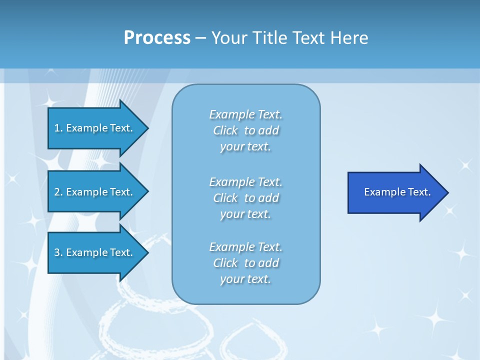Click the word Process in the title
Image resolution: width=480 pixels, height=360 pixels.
[x=157, y=38]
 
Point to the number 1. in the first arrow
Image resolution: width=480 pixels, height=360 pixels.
[x=58, y=128]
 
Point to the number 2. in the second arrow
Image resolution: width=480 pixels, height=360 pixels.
[x=58, y=192]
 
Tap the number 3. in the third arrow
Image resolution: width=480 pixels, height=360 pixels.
[x=58, y=252]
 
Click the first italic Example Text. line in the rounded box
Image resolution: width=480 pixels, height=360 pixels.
[x=245, y=114]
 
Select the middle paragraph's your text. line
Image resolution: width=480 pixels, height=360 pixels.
[x=245, y=214]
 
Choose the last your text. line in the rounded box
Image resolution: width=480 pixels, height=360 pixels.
[x=245, y=279]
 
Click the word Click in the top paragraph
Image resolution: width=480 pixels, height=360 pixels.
[x=225, y=130]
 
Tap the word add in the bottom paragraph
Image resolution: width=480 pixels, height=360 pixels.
[x=268, y=263]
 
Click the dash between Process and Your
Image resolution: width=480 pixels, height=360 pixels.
[x=201, y=38]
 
